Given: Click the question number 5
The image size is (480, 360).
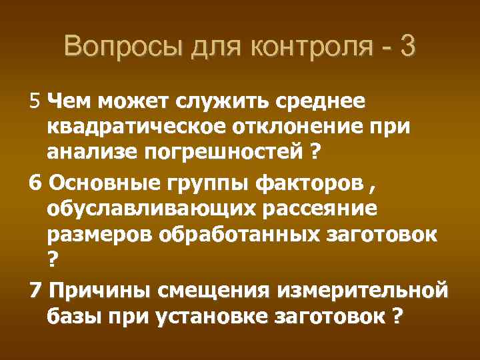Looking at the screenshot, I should tap(35, 101).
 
